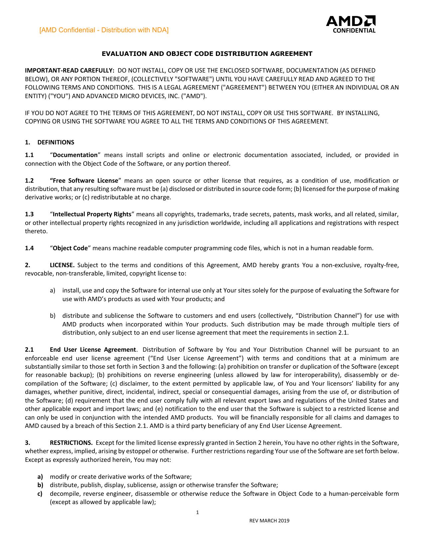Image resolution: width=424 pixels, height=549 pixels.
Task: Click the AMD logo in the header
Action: click(351, 21)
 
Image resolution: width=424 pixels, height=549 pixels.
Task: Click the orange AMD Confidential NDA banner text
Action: click(104, 30)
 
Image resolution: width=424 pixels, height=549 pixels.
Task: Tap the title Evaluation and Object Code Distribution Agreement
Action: click(207, 54)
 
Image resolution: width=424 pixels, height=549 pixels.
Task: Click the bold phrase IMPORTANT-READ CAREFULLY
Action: click(70, 71)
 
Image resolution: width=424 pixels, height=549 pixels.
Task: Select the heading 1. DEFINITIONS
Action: click(50, 142)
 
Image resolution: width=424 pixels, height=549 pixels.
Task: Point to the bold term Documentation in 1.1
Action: click(75, 155)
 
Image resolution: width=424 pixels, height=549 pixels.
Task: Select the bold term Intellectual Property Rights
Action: click(92, 214)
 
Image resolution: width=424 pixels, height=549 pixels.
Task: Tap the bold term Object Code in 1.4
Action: click(70, 248)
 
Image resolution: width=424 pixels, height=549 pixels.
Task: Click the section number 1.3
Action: click(29, 214)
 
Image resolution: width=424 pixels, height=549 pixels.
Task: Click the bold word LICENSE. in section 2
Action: click(62, 265)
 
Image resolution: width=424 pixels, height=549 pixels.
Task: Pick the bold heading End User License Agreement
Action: click(93, 350)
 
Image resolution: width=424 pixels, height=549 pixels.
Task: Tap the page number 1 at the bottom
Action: click(198, 512)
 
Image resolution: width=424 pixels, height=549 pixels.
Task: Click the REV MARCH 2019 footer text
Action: click(269, 521)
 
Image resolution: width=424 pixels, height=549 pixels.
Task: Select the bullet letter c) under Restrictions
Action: click(40, 494)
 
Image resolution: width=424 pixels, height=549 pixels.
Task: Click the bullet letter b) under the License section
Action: click(53, 316)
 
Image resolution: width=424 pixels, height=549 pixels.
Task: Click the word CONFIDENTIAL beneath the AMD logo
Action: click(354, 31)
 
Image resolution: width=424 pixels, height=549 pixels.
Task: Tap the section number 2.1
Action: click(29, 350)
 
